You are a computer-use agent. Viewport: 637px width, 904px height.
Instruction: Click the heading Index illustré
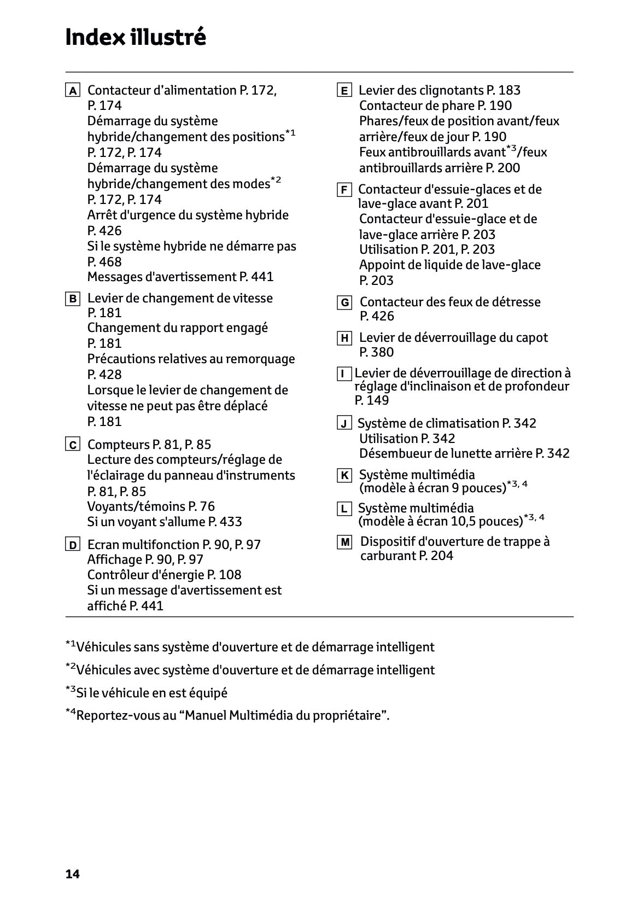pyautogui.click(x=135, y=38)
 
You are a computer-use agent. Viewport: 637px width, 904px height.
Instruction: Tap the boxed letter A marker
pyautogui.click(x=72, y=91)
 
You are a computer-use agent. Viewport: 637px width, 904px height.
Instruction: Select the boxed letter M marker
pyautogui.click(x=344, y=543)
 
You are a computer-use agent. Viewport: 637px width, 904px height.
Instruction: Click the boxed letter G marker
pyautogui.click(x=344, y=303)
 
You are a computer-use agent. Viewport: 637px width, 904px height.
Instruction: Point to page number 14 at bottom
pyautogui.click(x=72, y=874)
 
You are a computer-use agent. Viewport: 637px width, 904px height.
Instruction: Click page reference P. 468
pyautogui.click(x=104, y=262)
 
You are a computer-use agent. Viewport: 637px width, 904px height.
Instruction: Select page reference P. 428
pyautogui.click(x=104, y=375)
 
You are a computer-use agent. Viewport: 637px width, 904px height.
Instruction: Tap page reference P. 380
pyautogui.click(x=376, y=352)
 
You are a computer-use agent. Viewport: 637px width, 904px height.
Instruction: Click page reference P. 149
pyautogui.click(x=371, y=400)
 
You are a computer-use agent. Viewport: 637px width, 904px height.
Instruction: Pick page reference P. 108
pyautogui.click(x=224, y=575)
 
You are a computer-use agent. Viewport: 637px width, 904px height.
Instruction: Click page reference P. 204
pyautogui.click(x=436, y=556)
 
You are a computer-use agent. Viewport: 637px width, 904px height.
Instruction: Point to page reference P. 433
pyautogui.click(x=225, y=522)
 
